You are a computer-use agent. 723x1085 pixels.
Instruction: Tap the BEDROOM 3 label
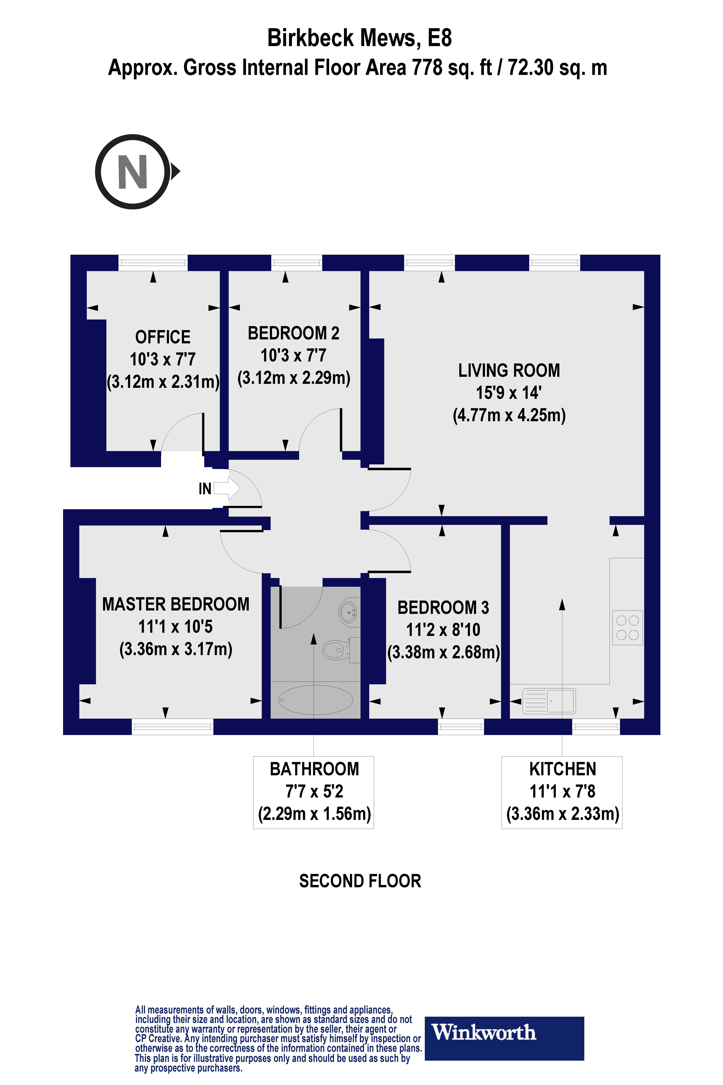443,608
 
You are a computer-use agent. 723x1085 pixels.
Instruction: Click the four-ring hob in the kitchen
627,627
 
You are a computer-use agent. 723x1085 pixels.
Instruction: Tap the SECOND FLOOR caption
360,881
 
